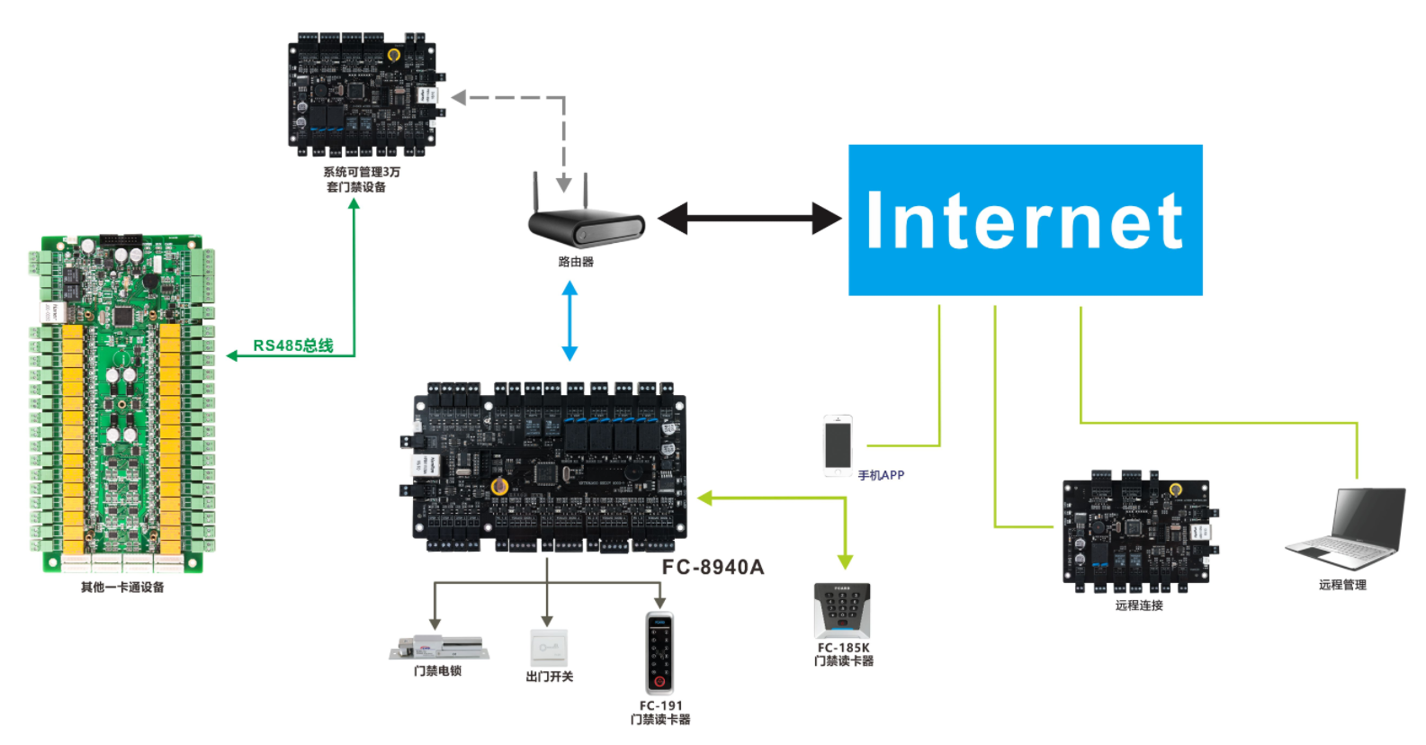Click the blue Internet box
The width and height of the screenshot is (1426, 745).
coord(1025,220)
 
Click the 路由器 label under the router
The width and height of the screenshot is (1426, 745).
coord(576,262)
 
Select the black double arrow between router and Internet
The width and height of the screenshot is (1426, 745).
coord(749,219)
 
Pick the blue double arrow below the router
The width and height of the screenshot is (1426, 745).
coord(570,320)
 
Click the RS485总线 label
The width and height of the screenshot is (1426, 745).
coord(292,346)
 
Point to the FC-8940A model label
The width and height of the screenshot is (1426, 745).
coord(713,567)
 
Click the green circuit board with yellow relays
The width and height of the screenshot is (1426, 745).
coord(122,404)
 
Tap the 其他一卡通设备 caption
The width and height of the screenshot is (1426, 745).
coord(122,588)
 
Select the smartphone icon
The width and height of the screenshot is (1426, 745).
coord(838,445)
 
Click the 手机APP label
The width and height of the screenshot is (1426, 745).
coord(881,475)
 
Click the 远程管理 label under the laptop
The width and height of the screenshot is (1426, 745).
coord(1342,585)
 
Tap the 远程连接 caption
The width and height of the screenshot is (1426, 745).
coord(1139,606)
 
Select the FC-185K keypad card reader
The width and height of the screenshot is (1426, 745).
coord(842,611)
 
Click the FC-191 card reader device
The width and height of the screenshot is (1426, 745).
coord(659,652)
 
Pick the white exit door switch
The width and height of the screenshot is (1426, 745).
coord(548,647)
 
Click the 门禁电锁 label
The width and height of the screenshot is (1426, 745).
coord(437,671)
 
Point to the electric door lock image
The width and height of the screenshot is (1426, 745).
coord(438,647)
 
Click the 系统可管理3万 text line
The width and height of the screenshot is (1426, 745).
coord(362,172)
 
